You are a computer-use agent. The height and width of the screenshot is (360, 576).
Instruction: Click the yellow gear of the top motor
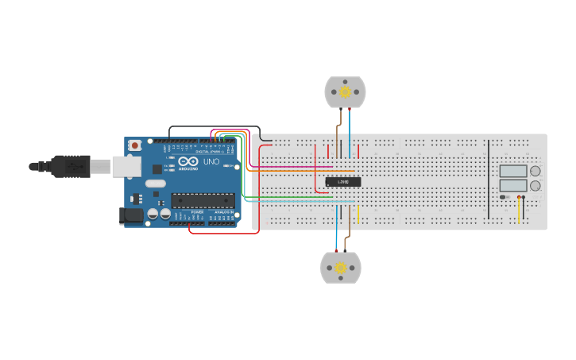pyautogui.click(x=346, y=92)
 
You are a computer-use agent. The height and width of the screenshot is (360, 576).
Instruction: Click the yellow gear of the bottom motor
pyautogui.click(x=341, y=268)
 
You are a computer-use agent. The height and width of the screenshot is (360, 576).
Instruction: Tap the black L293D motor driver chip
pyautogui.click(x=343, y=182)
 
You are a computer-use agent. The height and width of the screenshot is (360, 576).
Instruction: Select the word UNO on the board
pyautogui.click(x=211, y=161)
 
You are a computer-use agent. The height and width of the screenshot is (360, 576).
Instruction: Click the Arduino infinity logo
pyautogui.click(x=188, y=161)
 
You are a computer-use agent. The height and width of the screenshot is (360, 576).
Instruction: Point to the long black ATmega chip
pyautogui.click(x=203, y=200)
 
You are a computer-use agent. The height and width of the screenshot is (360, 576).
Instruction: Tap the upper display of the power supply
pyautogui.click(x=512, y=171)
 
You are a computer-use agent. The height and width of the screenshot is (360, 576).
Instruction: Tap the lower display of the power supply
pyautogui.click(x=512, y=186)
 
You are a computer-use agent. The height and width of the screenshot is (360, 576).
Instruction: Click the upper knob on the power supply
pyautogui.click(x=535, y=171)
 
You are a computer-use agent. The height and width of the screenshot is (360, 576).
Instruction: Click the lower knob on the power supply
pyautogui.click(x=535, y=186)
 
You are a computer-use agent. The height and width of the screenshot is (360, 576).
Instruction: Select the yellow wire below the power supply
pyautogui.click(x=520, y=211)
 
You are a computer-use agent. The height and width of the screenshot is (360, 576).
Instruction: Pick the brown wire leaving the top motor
pyautogui.click(x=340, y=123)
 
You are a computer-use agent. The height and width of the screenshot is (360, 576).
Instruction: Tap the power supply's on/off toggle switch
pyautogui.click(x=504, y=197)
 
